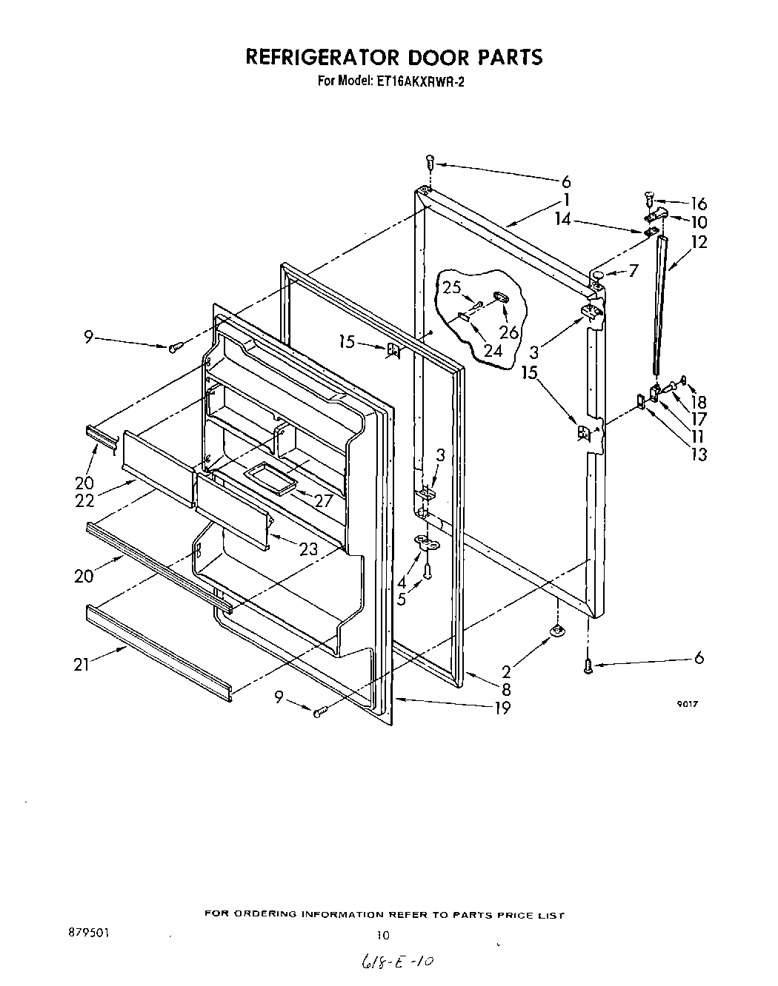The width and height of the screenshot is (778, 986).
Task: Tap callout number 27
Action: click(x=323, y=500)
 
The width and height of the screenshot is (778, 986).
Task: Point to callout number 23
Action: click(x=308, y=549)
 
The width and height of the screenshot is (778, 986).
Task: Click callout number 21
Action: click(x=81, y=664)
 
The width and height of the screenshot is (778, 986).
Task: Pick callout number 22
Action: click(x=84, y=500)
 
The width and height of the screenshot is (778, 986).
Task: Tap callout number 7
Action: click(x=633, y=271)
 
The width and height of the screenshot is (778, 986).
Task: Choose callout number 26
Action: click(x=509, y=332)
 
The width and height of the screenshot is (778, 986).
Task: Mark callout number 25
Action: click(x=452, y=287)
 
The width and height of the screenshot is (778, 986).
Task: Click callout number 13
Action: click(x=698, y=454)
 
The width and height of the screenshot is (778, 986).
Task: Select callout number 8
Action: click(x=505, y=689)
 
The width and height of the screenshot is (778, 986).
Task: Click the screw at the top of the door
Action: click(x=430, y=162)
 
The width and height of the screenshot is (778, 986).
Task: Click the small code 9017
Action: click(x=687, y=705)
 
